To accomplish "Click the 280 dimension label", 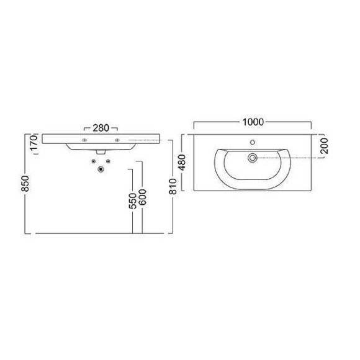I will (101, 128).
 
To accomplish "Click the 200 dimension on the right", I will (325, 146).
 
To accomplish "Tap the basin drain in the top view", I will (252, 158).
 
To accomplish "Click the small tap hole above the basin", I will (254, 143).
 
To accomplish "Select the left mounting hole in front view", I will (84, 142).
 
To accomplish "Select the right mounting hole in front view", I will (116, 142).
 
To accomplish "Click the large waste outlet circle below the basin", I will (100, 169).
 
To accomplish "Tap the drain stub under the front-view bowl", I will (100, 152).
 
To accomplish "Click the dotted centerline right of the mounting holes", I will (146, 142).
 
